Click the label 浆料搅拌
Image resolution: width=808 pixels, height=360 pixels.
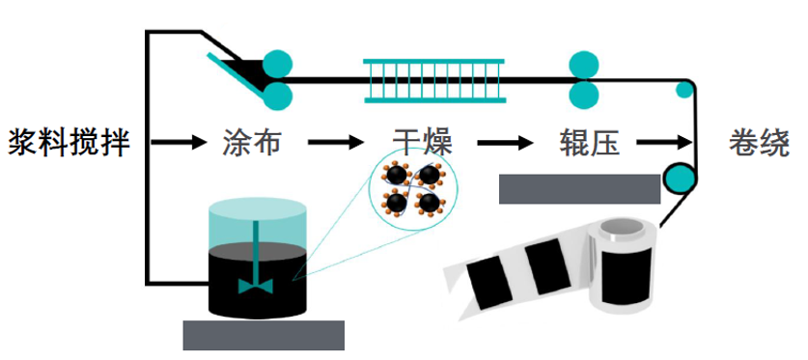coord(69,144)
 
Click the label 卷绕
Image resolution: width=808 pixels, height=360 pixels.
coord(760,144)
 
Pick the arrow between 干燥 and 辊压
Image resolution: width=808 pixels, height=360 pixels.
coord(506,144)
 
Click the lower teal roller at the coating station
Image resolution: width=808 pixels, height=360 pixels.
coord(276,95)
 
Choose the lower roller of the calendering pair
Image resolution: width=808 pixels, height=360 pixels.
coord(583,95)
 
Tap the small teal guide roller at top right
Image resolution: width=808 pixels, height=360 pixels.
coord(684,92)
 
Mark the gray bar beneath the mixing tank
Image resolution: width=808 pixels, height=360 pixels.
coord(264,335)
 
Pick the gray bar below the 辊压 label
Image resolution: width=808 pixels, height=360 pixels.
coord(579,189)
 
